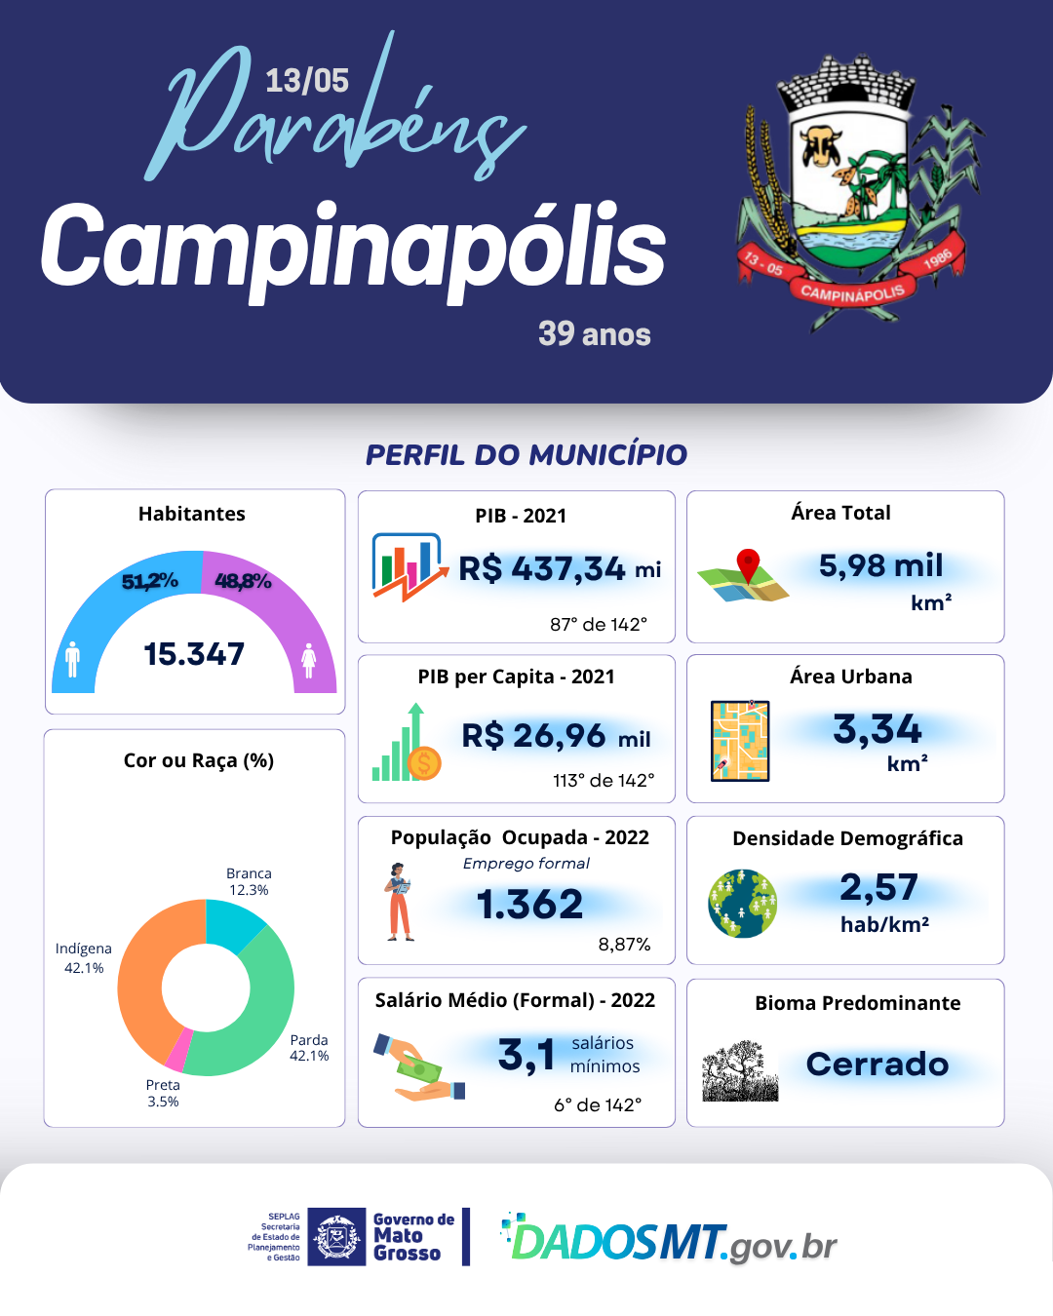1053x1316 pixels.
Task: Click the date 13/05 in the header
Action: (x=306, y=80)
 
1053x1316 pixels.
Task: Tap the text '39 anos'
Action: (x=594, y=334)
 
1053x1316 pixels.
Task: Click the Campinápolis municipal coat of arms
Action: (x=851, y=190)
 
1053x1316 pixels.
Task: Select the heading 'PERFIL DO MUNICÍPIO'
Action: (x=526, y=454)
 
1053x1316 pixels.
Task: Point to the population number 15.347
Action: (x=194, y=654)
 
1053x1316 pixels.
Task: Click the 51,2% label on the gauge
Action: (x=149, y=582)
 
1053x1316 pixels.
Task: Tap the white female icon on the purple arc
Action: (x=309, y=660)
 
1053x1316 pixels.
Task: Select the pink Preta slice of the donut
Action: (x=177, y=1051)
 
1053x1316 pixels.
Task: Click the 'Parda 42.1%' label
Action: (x=309, y=1048)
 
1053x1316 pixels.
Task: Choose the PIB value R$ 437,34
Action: (x=542, y=568)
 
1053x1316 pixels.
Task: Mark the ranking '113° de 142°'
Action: (x=604, y=780)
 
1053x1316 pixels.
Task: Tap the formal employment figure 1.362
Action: (x=529, y=905)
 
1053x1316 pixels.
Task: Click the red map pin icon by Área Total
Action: (x=748, y=565)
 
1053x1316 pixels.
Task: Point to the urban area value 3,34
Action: (x=877, y=729)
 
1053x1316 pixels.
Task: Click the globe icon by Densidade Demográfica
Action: (x=742, y=904)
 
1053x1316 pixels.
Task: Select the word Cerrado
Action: (x=877, y=1064)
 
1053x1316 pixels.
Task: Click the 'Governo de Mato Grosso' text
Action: (x=412, y=1236)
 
